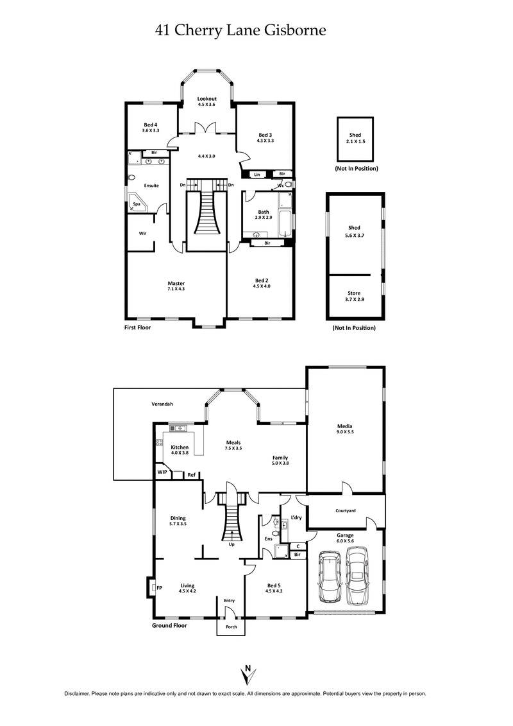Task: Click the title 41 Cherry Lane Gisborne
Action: pyautogui.click(x=241, y=30)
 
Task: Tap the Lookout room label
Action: pyautogui.click(x=206, y=99)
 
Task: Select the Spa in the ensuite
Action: pyautogui.click(x=137, y=204)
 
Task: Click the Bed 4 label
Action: pyautogui.click(x=150, y=125)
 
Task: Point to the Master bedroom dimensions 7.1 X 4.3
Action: pyautogui.click(x=176, y=289)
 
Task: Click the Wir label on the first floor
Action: pyautogui.click(x=143, y=233)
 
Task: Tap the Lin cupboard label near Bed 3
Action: pyautogui.click(x=256, y=174)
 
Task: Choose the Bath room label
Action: pyautogui.click(x=264, y=212)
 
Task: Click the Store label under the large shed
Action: pyautogui.click(x=354, y=293)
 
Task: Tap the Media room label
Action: pyautogui.click(x=345, y=426)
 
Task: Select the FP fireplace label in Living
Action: pyautogui.click(x=159, y=587)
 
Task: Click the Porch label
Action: pyautogui.click(x=231, y=627)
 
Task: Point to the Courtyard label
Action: pyautogui.click(x=346, y=511)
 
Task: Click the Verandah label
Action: pyautogui.click(x=162, y=404)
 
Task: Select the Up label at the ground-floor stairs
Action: pyautogui.click(x=231, y=544)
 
